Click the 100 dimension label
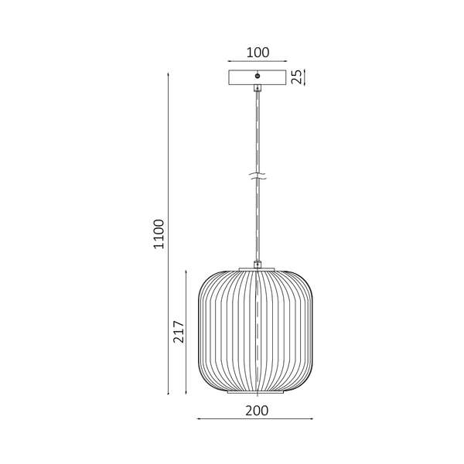[x=258, y=53]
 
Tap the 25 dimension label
[x=297, y=77]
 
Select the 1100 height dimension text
[x=159, y=234]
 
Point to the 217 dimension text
[x=179, y=332]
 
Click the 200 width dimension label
[x=257, y=411]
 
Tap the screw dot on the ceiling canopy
[x=258, y=76]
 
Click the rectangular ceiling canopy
[x=258, y=77]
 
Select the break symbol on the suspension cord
[x=258, y=176]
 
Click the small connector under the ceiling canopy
[x=258, y=88]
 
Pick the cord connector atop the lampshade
[x=258, y=264]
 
